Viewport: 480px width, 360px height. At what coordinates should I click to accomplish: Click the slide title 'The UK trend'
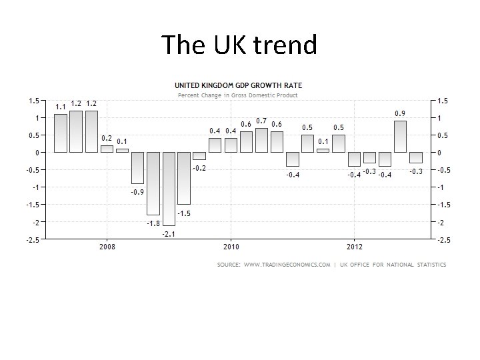pos(239,45)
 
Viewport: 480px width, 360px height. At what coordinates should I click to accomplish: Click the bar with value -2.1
pos(169,189)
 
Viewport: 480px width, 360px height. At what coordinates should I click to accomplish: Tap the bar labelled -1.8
pos(153,183)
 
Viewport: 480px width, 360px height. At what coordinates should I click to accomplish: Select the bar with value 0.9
pos(400,137)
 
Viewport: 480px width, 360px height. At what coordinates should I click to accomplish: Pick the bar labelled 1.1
pos(61,133)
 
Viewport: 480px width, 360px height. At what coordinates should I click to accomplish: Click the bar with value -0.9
pos(138,168)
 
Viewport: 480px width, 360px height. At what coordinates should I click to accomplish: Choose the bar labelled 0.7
pos(261,140)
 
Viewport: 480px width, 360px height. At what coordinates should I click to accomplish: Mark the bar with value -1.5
pos(184,178)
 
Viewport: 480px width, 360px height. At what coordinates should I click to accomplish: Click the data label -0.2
pos(199,168)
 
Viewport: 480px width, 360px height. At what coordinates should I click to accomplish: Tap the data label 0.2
pos(107,138)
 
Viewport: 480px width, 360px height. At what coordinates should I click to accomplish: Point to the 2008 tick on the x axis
pos(107,247)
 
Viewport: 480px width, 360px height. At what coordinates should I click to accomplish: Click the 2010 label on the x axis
pos(231,247)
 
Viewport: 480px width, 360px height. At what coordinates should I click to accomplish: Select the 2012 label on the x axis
pos(354,247)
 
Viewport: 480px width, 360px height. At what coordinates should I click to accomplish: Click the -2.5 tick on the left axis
pos(32,239)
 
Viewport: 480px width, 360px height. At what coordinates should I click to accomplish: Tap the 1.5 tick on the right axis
pos(443,101)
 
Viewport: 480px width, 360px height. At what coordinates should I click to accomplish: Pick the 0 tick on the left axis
pos(35,153)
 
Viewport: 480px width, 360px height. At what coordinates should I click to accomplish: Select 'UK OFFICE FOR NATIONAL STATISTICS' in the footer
pos(393,265)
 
